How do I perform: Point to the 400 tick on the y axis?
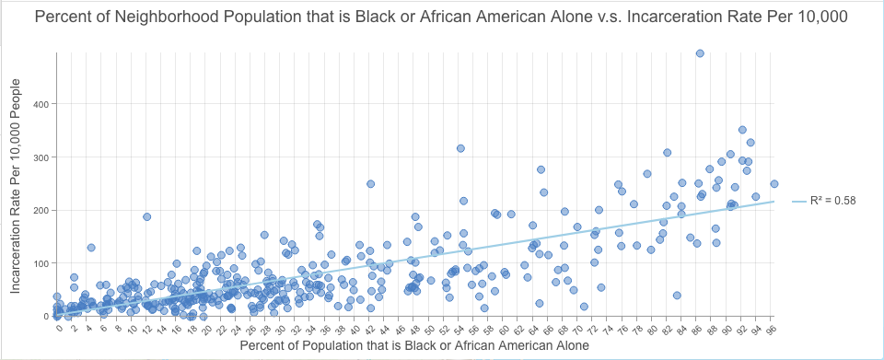click(x=41, y=104)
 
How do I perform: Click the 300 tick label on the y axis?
click(x=41, y=157)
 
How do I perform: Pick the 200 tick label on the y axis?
click(x=41, y=211)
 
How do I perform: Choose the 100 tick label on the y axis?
click(x=41, y=264)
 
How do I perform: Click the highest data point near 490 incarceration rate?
click(x=700, y=53)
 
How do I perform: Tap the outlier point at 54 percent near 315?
click(x=460, y=148)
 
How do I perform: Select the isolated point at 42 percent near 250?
click(x=370, y=183)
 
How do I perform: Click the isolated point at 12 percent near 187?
click(x=146, y=216)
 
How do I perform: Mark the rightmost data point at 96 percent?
click(x=774, y=183)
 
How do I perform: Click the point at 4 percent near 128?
click(x=91, y=248)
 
